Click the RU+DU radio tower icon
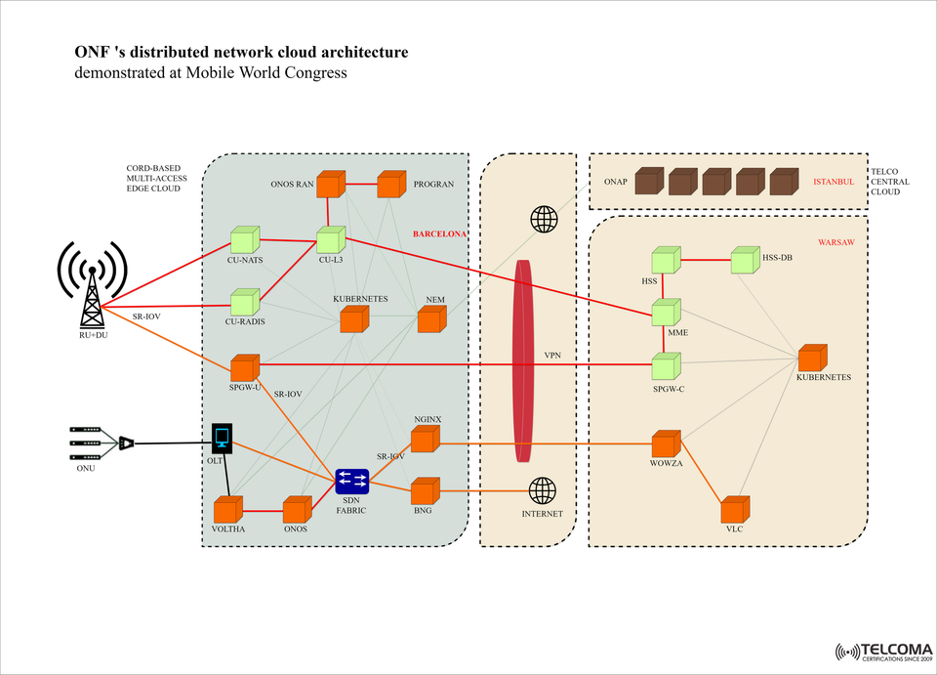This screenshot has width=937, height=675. (92, 283)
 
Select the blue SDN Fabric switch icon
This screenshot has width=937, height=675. (351, 481)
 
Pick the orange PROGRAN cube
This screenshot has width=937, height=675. (390, 184)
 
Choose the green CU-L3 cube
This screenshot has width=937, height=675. (330, 239)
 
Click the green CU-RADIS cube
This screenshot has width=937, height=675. (244, 302)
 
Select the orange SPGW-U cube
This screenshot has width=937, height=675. (244, 368)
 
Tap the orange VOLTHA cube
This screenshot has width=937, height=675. (227, 510)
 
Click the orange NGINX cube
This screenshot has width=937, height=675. (424, 441)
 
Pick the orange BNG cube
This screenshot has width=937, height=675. (424, 490)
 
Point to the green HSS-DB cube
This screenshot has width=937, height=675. (744, 261)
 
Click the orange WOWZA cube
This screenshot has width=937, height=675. (666, 443)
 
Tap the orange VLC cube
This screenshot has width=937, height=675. (734, 510)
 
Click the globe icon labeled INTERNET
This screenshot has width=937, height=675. (543, 490)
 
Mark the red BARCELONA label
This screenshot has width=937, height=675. (439, 234)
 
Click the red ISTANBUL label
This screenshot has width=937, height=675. (834, 182)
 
